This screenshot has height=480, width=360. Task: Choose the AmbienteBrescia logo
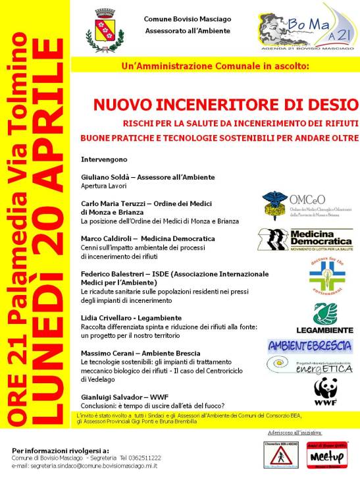pyautogui.click(x=309, y=346)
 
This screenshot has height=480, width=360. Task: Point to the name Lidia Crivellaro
pyautogui.click(x=104, y=317)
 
